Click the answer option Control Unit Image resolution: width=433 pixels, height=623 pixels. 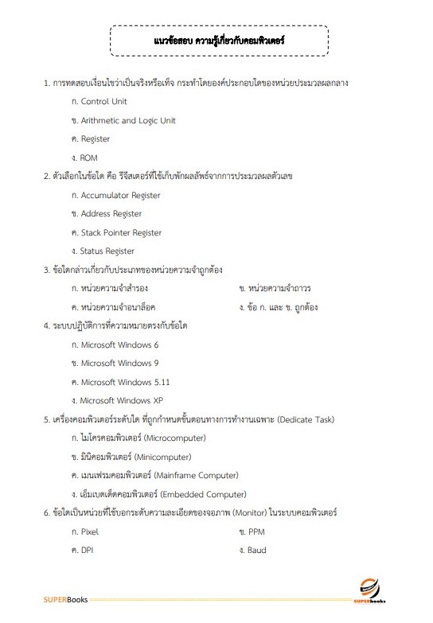click(103, 102)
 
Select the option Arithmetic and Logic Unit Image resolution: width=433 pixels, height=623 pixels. click(128, 121)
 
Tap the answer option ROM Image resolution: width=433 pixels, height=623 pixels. click(88, 158)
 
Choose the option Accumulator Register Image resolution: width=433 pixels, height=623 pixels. click(120, 195)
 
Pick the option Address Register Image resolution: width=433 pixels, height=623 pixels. click(111, 214)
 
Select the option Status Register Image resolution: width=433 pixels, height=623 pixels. click(107, 251)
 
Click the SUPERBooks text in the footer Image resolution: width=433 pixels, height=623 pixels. click(66, 598)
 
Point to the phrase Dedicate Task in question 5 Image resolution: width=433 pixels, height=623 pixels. click(306, 419)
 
